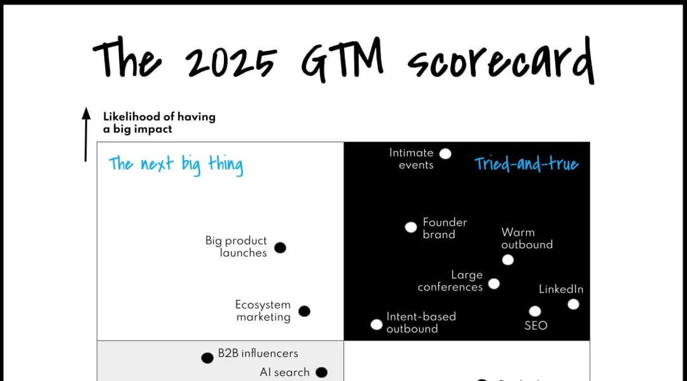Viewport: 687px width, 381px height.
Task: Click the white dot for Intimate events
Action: point(445,153)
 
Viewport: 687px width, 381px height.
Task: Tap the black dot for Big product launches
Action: point(280,248)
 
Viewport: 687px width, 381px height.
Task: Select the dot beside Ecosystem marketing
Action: point(305,311)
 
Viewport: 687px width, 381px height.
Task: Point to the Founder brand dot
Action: point(410,227)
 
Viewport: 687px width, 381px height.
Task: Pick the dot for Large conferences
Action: point(493,283)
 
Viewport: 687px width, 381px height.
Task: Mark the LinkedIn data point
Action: point(573,304)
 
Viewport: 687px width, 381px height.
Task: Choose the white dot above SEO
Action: point(535,311)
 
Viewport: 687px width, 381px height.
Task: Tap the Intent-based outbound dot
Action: point(376,324)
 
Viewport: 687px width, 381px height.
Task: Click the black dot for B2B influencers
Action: point(207,358)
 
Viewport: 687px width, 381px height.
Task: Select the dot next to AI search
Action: point(322,372)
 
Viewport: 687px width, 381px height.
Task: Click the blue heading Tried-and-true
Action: point(526,165)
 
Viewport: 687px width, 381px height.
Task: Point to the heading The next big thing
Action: point(176,165)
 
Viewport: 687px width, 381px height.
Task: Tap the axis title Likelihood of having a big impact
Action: point(159,122)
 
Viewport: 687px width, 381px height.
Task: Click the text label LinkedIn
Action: point(561,289)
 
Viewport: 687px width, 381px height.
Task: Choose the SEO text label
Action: point(536,326)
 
